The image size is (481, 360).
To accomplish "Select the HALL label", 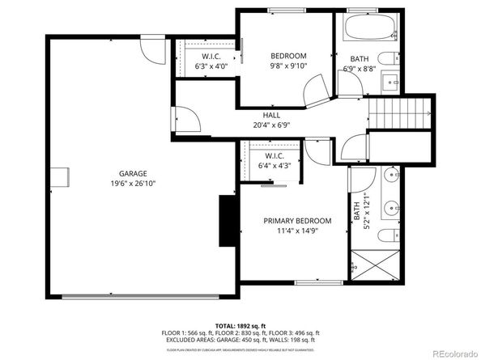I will click(271, 115).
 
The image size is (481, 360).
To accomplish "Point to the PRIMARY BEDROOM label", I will click(298, 221).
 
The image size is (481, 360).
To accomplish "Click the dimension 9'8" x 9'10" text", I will click(289, 66).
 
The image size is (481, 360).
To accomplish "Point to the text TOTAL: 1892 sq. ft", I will click(240, 324).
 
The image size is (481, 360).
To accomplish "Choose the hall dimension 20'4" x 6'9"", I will click(271, 125).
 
